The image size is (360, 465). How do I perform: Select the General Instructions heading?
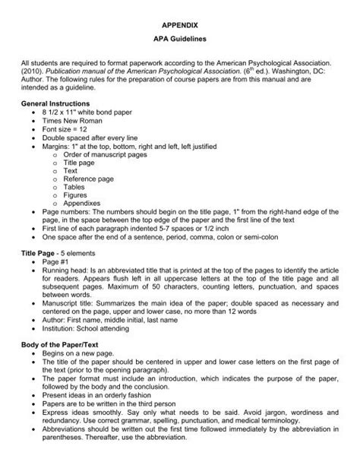tap(56, 102)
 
